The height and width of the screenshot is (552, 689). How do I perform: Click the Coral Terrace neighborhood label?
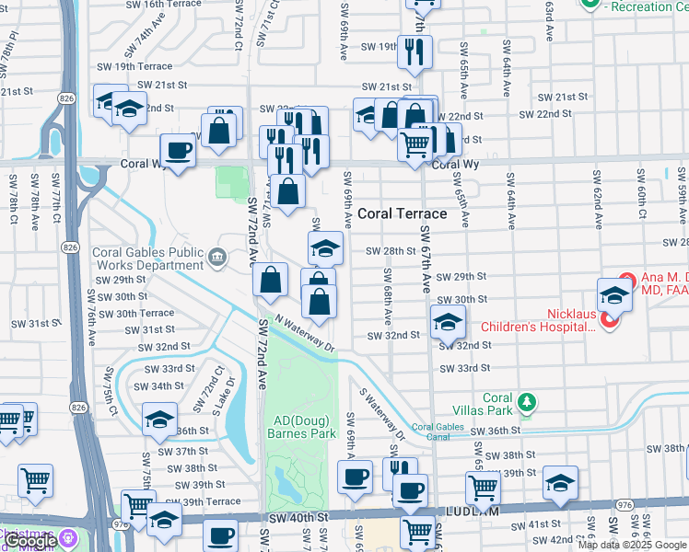click(x=402, y=213)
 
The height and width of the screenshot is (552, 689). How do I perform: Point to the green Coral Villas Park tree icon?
click(x=526, y=402)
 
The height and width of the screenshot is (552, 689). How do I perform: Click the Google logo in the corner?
click(x=29, y=542)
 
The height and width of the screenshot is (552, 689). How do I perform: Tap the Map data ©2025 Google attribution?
click(x=632, y=545)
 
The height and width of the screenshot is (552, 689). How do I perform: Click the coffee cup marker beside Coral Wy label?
click(x=178, y=151)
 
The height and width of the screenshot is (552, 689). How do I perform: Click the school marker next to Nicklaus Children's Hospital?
click(x=613, y=295)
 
